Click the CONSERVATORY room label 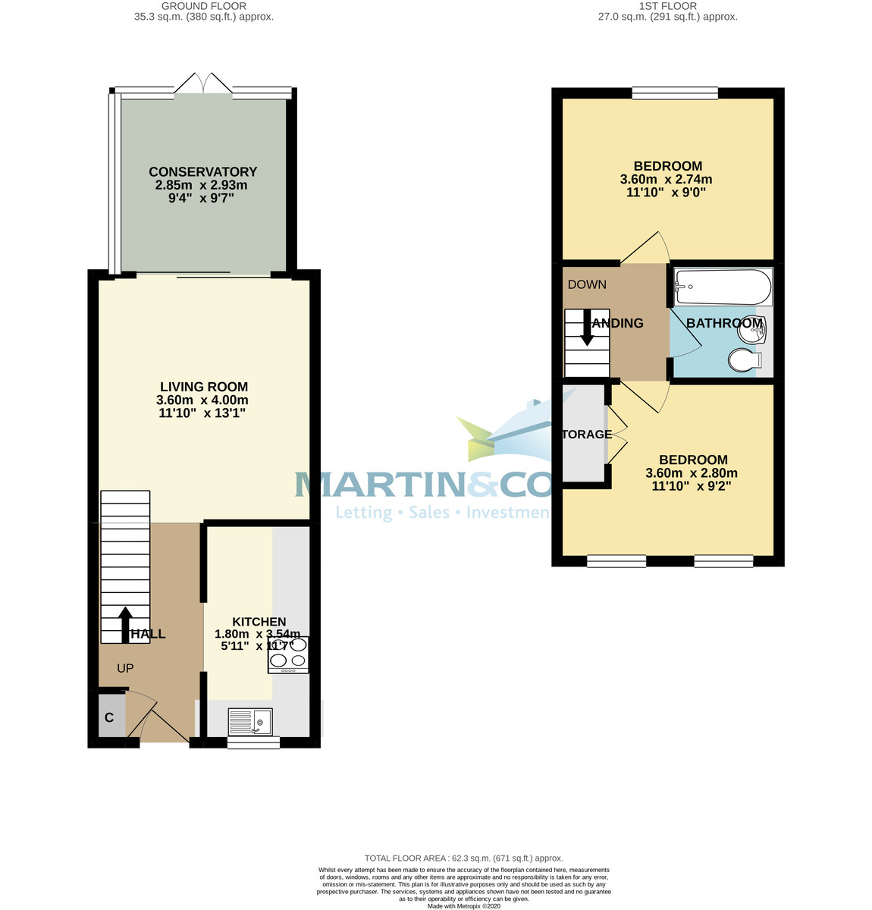click(x=202, y=172)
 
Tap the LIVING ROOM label click(x=203, y=387)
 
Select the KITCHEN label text click(x=259, y=622)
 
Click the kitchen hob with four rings click(x=288, y=655)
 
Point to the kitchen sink click(x=250, y=721)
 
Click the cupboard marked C click(x=109, y=717)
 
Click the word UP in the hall click(x=125, y=669)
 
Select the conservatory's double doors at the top click(x=203, y=83)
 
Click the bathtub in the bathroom click(x=723, y=287)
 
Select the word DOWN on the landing click(x=587, y=285)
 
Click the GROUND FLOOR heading click(x=204, y=6)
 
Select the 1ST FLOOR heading click(x=667, y=6)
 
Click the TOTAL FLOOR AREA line click(x=463, y=858)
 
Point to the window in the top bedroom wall click(x=675, y=93)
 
